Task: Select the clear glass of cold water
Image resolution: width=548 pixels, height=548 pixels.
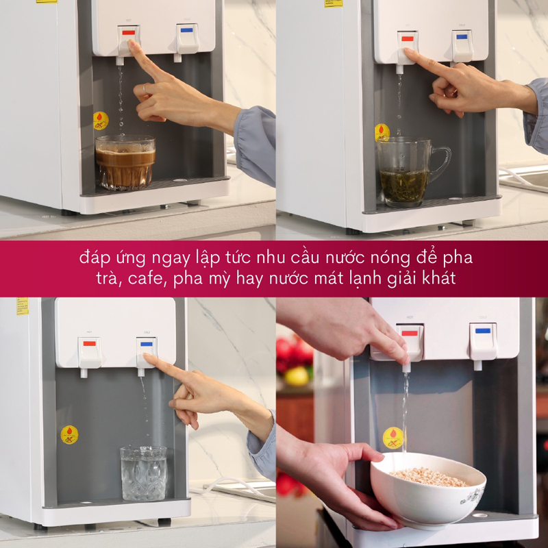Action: pos(143,472)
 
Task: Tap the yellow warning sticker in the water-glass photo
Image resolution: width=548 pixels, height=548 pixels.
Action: pos(69,434)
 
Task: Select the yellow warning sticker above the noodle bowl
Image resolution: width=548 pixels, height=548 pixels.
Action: pos(393,437)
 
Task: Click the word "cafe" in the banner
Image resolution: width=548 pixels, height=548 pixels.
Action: pos(145,279)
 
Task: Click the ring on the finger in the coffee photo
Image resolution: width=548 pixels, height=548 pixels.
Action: pos(145,89)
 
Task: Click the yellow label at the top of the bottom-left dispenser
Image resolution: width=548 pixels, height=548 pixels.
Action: pos(23,306)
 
